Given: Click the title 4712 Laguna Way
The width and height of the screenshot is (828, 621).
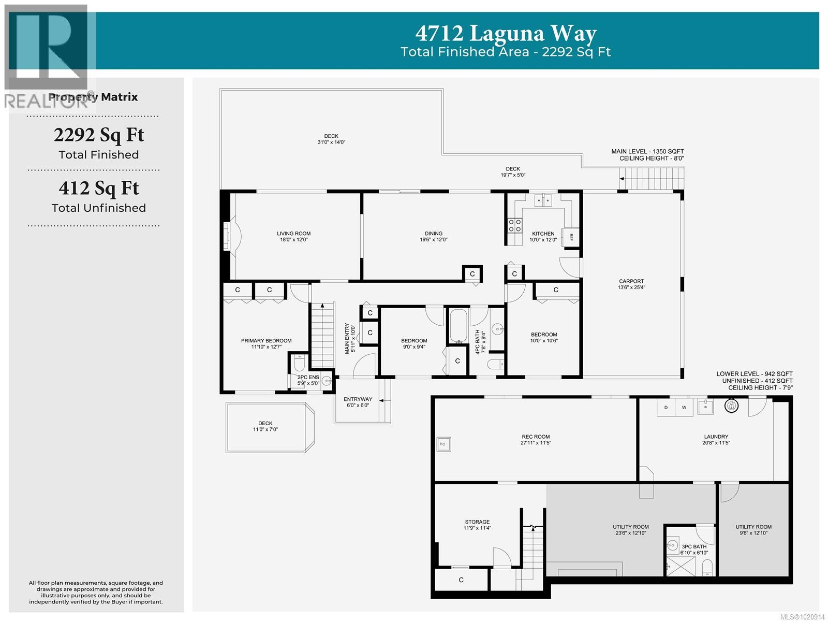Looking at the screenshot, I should pos(506,34).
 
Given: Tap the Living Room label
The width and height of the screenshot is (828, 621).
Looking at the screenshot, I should pos(293,234).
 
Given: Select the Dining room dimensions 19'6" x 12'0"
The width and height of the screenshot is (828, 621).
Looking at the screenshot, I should pos(433,240).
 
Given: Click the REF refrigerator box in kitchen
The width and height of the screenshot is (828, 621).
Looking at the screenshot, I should pos(571,237).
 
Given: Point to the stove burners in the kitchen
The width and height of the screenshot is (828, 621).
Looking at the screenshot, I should pos(514,225).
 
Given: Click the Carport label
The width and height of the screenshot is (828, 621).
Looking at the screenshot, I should pos(631,281).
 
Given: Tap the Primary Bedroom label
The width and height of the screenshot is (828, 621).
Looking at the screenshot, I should pos(266,341).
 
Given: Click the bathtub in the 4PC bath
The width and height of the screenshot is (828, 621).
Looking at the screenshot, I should pos(458,326).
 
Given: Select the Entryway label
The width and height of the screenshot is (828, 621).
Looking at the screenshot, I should pos(358,399).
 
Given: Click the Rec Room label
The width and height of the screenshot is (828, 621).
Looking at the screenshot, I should pos(536,437).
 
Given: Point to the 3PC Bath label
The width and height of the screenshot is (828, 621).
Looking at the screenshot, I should pos(694,546).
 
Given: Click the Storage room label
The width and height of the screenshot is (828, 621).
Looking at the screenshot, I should pos(477,522).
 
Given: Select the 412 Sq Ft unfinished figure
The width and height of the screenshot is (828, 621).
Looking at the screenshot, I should pos(99,188).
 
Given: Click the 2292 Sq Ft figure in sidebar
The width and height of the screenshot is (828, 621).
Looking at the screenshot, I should pos(99,135).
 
